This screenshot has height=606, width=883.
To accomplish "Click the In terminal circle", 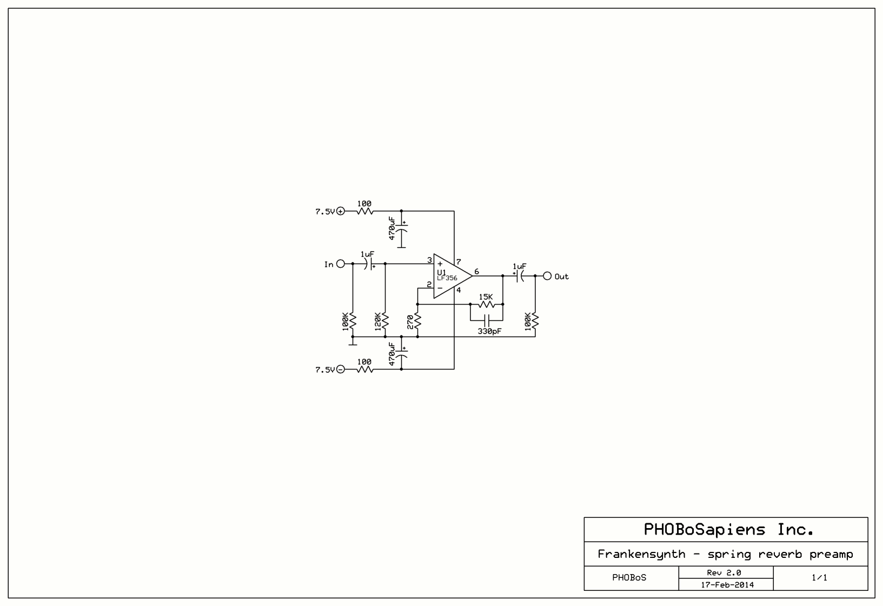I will click(x=341, y=264).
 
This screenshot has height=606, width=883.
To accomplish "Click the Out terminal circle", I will click(x=547, y=276).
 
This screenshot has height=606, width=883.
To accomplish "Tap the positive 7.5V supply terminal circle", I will click(x=341, y=211).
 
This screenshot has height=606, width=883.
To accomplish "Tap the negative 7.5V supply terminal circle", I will click(x=341, y=369).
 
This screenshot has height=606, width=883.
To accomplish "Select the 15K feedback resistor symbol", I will click(x=487, y=305).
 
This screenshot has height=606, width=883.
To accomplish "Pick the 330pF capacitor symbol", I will click(x=487, y=319).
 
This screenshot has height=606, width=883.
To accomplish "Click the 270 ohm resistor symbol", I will click(x=417, y=322).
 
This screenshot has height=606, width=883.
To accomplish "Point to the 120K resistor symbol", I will click(x=385, y=322).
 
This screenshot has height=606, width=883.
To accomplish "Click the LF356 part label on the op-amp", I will click(x=447, y=278).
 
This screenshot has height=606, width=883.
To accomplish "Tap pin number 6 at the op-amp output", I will click(x=476, y=272).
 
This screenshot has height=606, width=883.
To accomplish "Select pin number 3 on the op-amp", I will click(x=429, y=260).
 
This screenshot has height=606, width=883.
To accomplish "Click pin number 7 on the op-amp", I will click(x=459, y=262).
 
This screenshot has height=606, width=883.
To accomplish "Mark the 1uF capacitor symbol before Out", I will click(x=519, y=276).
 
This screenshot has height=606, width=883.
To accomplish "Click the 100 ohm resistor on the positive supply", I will click(x=365, y=211).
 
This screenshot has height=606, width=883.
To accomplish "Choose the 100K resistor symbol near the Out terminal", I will click(x=535, y=322).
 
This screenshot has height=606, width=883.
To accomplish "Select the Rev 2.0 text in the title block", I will click(x=724, y=572).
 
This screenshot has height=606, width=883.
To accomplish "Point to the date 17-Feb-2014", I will click(x=727, y=584).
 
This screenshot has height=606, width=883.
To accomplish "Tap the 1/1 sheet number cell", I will click(x=819, y=578).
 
